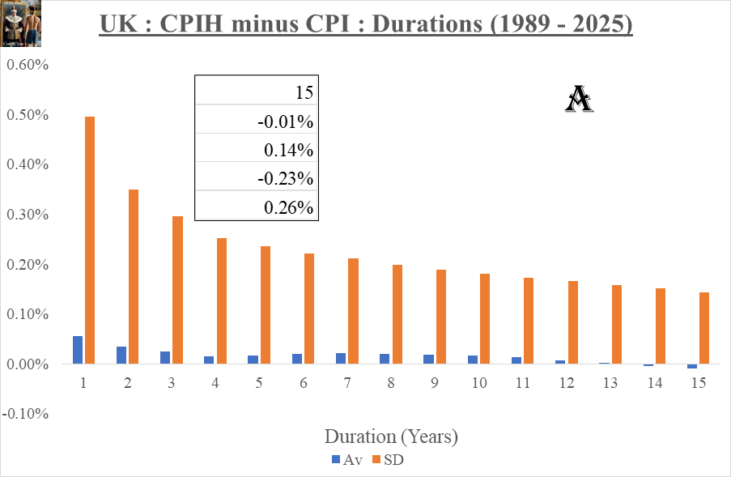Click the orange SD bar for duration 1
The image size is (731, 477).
[x=90, y=241]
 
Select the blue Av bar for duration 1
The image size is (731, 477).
[x=78, y=350]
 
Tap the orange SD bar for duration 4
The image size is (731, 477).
[x=222, y=301]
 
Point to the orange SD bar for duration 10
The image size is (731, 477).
[x=485, y=319]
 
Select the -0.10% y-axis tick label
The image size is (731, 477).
[x=28, y=414]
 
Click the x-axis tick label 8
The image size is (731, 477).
[x=390, y=382]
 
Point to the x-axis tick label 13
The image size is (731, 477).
[x=610, y=382]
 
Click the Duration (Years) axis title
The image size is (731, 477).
[x=391, y=437]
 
